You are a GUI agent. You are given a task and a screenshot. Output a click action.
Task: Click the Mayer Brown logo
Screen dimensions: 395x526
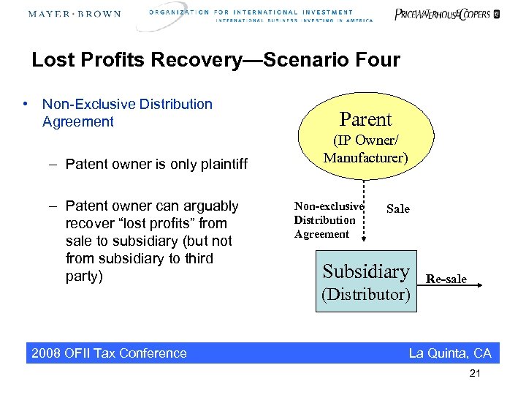(75, 14)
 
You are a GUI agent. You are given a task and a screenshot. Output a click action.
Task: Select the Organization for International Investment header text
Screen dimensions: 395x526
(261, 15)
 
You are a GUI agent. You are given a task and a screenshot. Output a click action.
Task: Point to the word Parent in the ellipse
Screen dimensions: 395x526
(365, 119)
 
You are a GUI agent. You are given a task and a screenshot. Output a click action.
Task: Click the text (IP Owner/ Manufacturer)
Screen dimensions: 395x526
(366, 148)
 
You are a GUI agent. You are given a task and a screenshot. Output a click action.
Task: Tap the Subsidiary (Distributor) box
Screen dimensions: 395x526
(366, 281)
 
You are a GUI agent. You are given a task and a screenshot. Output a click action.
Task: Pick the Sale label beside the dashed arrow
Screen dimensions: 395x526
(397, 209)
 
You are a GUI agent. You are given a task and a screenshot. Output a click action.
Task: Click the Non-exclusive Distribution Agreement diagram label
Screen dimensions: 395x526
(328, 220)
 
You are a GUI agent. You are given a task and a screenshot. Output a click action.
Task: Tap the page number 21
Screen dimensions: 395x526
(476, 375)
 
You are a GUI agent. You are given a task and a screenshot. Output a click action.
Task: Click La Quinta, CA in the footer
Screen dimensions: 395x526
(450, 353)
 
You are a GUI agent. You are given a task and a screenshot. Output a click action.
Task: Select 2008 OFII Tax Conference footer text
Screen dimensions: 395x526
(109, 353)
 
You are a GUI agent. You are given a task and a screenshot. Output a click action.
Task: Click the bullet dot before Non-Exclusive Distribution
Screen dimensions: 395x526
(26, 104)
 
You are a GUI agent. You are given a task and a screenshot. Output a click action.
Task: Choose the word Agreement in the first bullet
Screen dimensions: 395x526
(78, 121)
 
